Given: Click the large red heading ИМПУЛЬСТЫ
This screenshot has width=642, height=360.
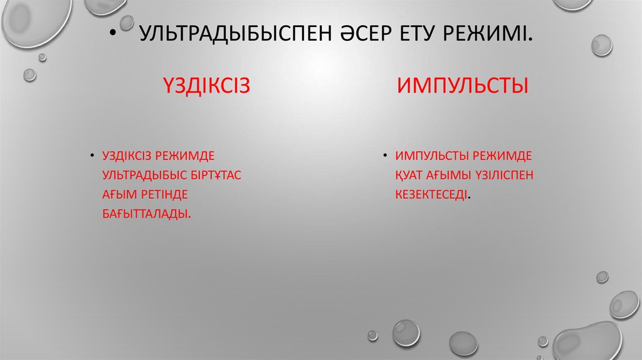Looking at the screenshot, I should pos(462,85).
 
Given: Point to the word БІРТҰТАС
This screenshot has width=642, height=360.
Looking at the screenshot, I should pos(217,174).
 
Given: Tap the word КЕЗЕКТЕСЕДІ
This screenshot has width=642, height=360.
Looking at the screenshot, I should pos(431,194).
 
